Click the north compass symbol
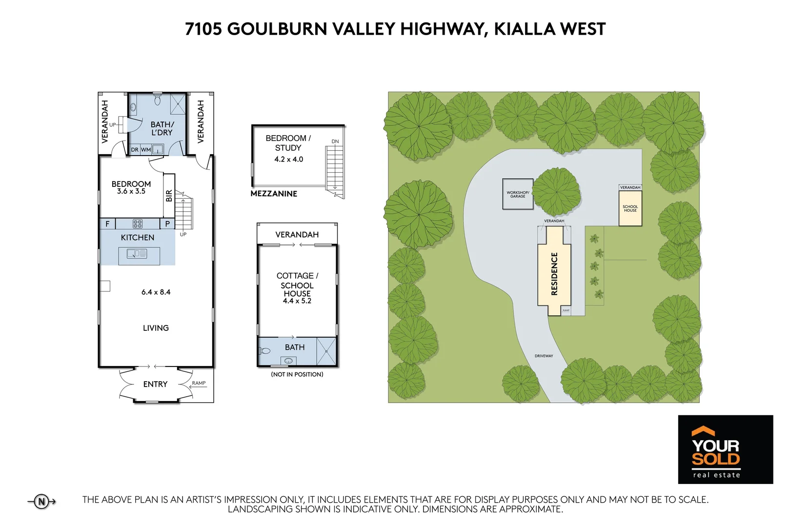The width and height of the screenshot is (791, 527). click(41, 501)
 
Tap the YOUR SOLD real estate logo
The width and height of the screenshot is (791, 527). click(725, 449)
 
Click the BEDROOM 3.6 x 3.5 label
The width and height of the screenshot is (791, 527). click(131, 187)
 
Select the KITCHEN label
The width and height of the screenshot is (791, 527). click(137, 238)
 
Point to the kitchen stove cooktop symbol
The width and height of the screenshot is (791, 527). click(138, 224)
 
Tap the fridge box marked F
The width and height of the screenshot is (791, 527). click(107, 224)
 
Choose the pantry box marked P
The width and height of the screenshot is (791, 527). click(167, 224)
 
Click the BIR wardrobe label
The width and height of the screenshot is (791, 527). click(169, 196)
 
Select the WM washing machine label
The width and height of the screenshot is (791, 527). click(145, 150)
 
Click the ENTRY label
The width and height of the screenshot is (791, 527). click(155, 385)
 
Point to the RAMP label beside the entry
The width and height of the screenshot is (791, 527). click(199, 383)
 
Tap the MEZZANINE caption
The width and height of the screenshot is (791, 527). click(274, 194)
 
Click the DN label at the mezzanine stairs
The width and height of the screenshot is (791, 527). click(335, 142)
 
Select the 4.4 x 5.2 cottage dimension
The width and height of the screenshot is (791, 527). click(297, 301)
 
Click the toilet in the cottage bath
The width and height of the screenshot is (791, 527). click(265, 351)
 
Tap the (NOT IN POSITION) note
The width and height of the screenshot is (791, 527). click(297, 374)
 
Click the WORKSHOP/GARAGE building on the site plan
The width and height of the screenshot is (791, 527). click(518, 194)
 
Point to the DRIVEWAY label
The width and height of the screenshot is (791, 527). click(544, 356)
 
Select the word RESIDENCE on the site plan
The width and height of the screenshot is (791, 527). click(554, 274)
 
